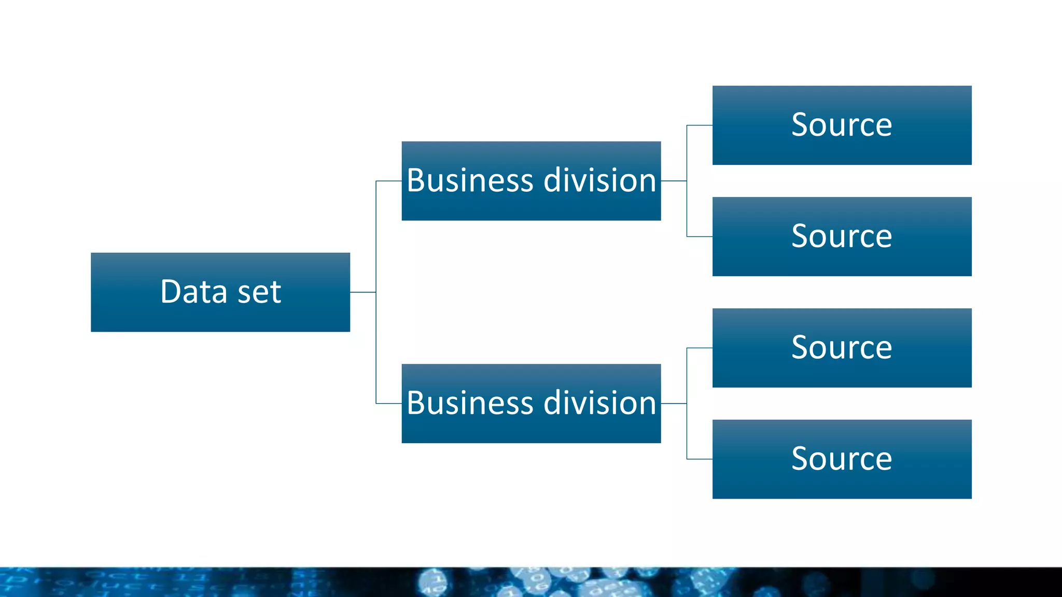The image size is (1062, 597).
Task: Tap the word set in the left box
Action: pos(259,292)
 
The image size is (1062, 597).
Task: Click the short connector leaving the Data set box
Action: pos(363,292)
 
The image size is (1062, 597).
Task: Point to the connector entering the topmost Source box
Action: pos(700,125)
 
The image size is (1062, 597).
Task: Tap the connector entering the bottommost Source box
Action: pos(700,459)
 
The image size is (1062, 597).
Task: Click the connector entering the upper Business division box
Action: pos(389,181)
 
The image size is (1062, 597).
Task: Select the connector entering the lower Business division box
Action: pos(389,403)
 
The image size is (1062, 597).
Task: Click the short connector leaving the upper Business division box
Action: pos(674,181)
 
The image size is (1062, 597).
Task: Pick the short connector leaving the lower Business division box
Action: pos(674,403)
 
